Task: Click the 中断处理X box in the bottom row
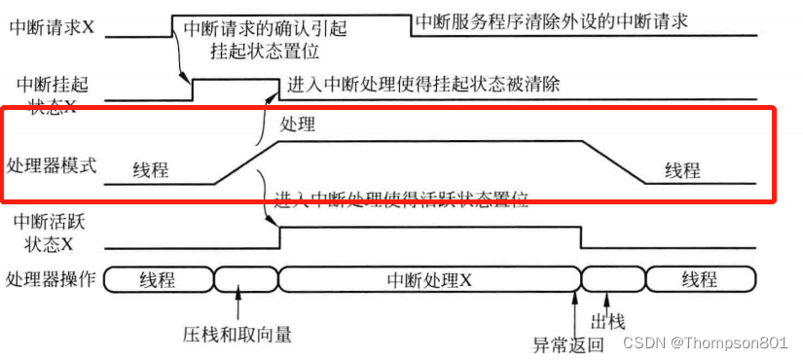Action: pyautogui.click(x=429, y=280)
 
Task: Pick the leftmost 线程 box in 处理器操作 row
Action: pyautogui.click(x=157, y=280)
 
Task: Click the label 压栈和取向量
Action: pyautogui.click(x=237, y=335)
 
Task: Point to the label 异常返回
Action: pyautogui.click(x=568, y=344)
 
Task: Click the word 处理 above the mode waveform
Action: pyautogui.click(x=298, y=126)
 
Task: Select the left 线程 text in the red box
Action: pyautogui.click(x=151, y=170)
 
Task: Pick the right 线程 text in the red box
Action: pyautogui.click(x=683, y=170)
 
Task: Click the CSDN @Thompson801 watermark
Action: pyautogui.click(x=705, y=342)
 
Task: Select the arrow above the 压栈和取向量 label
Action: pyautogui.click(x=237, y=306)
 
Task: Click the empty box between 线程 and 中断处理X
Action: pyautogui.click(x=244, y=280)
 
